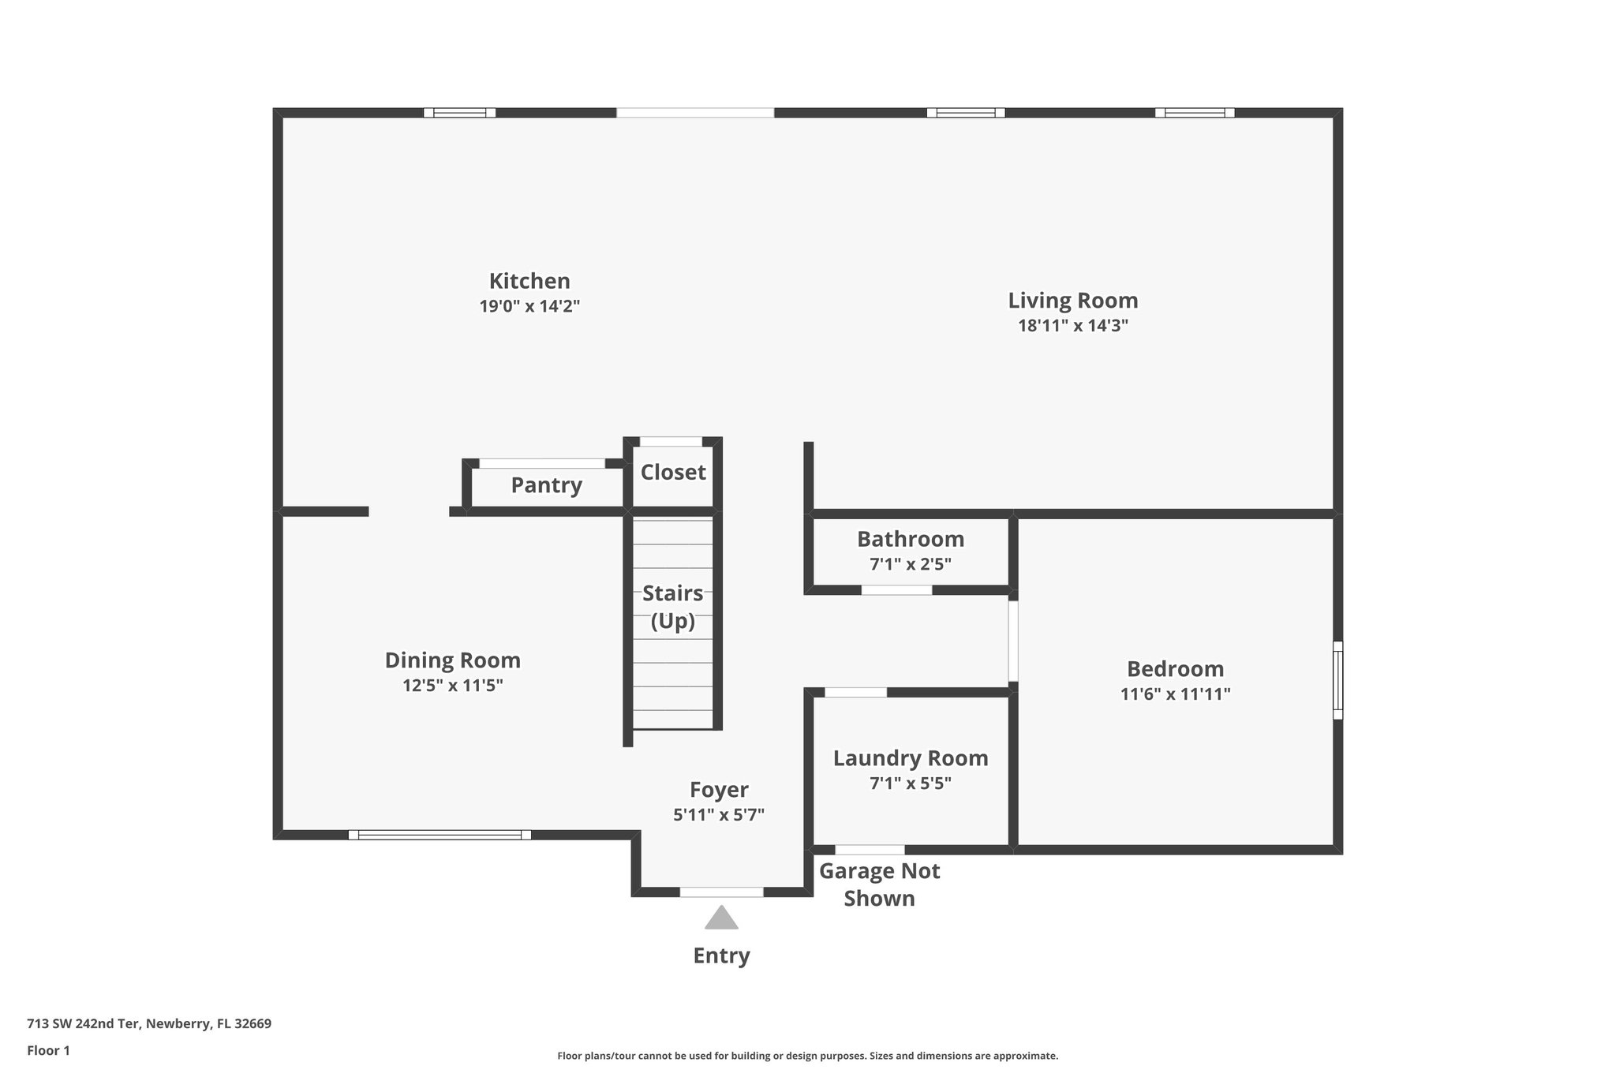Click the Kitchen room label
click(x=529, y=281)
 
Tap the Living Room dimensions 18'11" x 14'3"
click(x=1072, y=326)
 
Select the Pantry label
click(x=546, y=485)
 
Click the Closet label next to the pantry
click(x=672, y=472)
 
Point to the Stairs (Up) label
click(x=672, y=606)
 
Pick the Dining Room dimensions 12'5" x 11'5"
click(x=452, y=686)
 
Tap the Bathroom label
click(x=910, y=539)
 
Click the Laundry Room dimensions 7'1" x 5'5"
click(x=910, y=783)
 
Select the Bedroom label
click(x=1175, y=669)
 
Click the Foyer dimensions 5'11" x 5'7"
click(x=718, y=815)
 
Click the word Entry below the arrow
click(x=720, y=955)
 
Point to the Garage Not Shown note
click(x=879, y=884)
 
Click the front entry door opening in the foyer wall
click(x=721, y=892)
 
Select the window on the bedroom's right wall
click(x=1337, y=680)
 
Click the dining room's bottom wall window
click(x=440, y=835)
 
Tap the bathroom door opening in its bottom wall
click(x=896, y=590)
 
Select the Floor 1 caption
click(x=48, y=1050)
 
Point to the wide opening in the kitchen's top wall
click(x=694, y=113)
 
